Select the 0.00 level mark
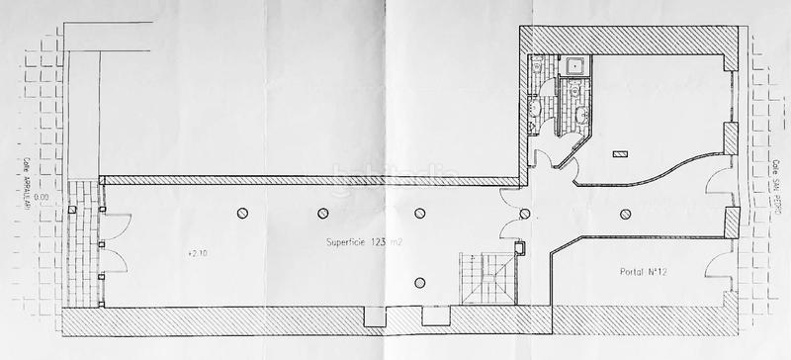(x=41, y=197)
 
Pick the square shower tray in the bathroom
(x=576, y=66)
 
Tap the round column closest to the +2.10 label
(x=240, y=211)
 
